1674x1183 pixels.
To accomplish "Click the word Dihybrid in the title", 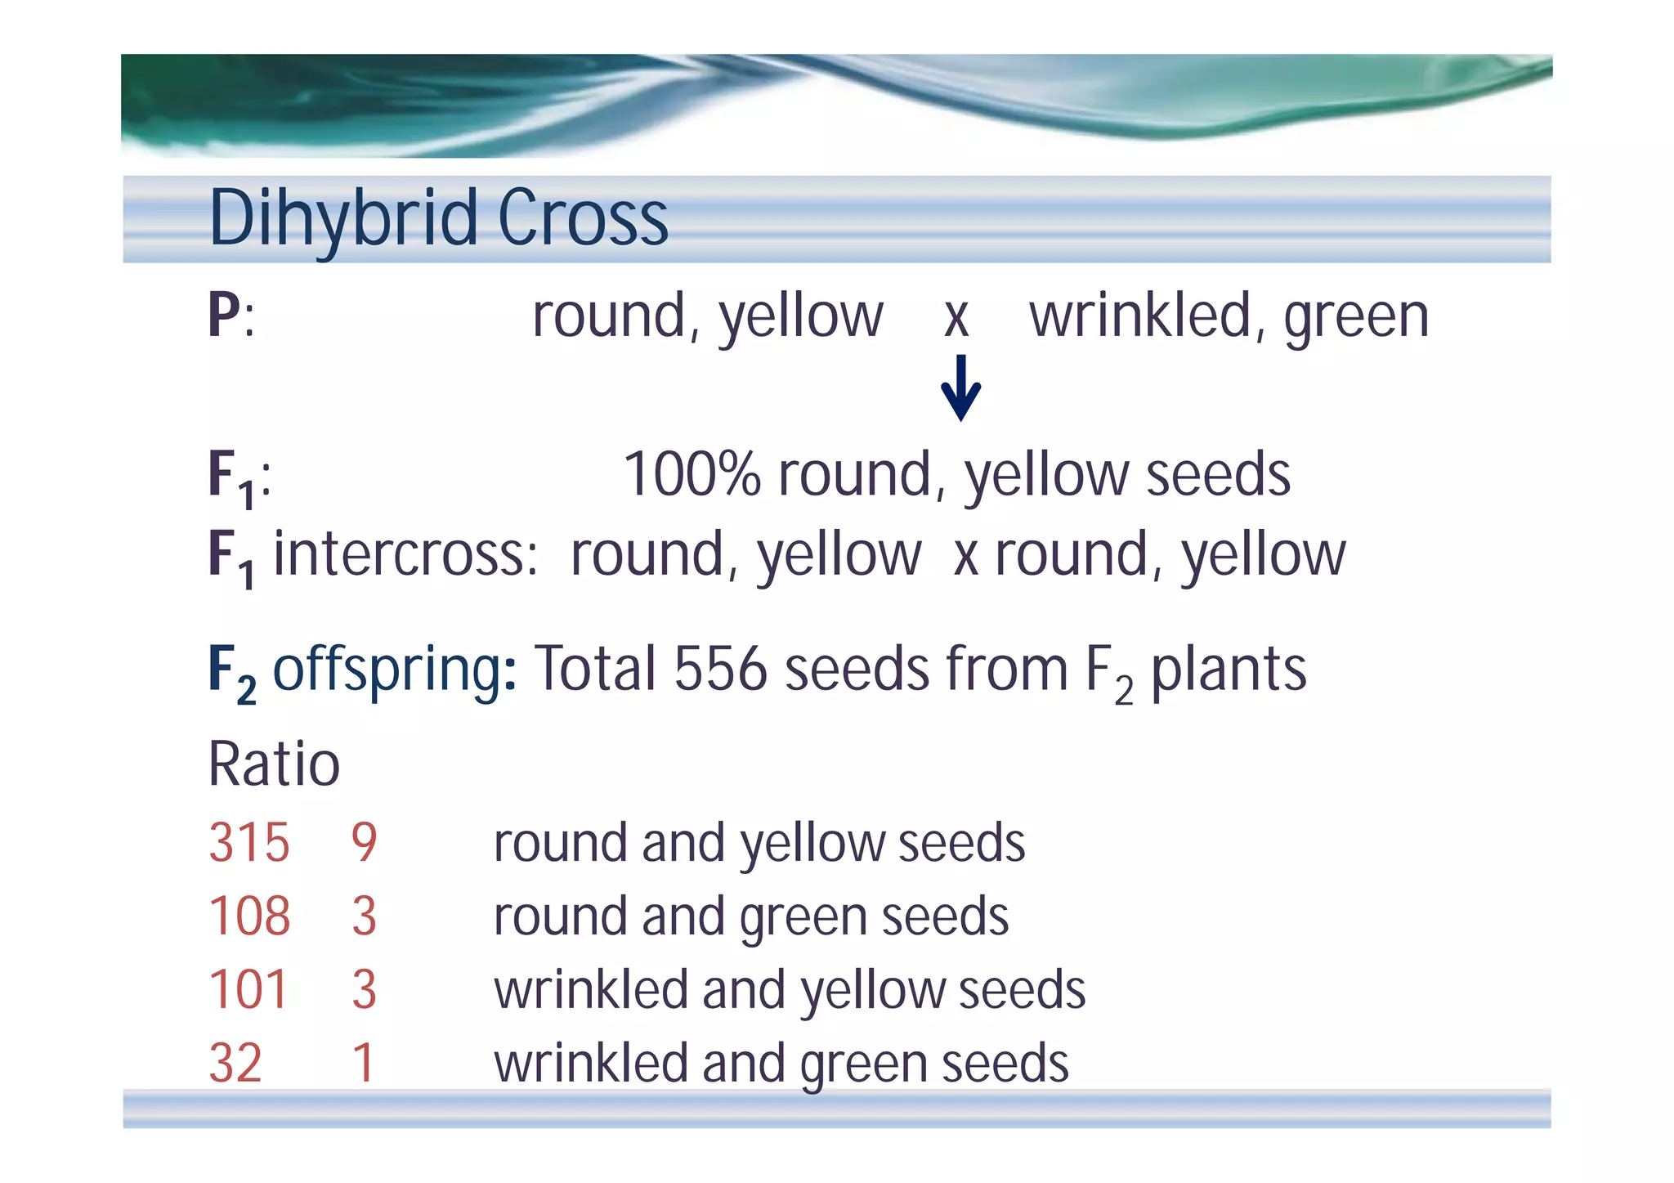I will click(344, 217).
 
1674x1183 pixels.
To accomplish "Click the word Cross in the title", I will click(583, 217).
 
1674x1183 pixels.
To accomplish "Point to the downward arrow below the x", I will click(960, 388).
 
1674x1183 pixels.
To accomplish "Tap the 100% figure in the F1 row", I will click(692, 474).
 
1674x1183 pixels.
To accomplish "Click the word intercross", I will click(405, 553).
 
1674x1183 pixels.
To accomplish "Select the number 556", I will click(720, 670).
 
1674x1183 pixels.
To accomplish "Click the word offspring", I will click(388, 670).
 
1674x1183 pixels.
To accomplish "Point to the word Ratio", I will click(274, 764).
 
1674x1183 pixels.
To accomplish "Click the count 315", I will click(249, 842).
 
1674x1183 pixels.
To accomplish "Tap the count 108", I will click(249, 916).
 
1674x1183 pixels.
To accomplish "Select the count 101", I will click(248, 989).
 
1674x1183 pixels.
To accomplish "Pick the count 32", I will click(235, 1063).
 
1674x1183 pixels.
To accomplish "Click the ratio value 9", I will click(365, 842).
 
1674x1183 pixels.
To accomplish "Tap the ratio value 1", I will click(364, 1063).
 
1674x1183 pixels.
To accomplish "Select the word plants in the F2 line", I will click(1229, 670).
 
